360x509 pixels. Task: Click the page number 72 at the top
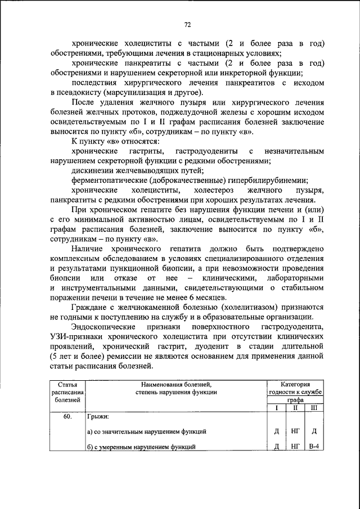188,24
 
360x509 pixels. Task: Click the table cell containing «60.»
67,417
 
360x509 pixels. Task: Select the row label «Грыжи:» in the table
98,417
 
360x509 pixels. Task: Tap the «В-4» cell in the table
314,447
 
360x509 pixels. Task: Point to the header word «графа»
295,399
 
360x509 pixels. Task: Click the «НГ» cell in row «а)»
295,431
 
